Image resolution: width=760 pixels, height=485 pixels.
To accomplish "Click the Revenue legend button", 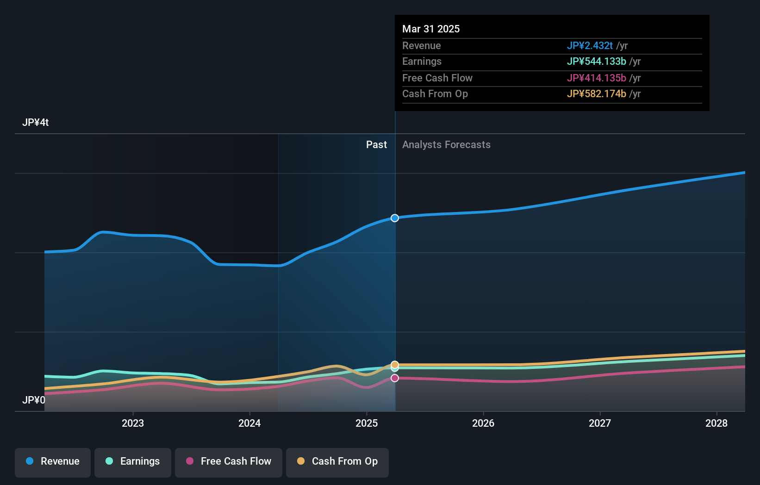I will pyautogui.click(x=53, y=462).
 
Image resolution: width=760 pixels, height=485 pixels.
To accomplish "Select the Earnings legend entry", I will pyautogui.click(x=133, y=462).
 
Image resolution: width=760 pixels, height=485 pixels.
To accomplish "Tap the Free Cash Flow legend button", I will pyautogui.click(x=229, y=462).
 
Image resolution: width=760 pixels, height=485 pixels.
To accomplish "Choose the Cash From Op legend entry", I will pyautogui.click(x=337, y=462).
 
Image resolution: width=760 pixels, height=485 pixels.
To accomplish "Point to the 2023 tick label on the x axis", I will pyautogui.click(x=133, y=423).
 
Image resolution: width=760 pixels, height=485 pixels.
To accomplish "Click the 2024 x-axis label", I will pyautogui.click(x=249, y=423).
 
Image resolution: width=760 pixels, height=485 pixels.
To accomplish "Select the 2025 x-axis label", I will pyautogui.click(x=367, y=423).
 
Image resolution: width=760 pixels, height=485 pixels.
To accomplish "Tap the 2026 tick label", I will pyautogui.click(x=483, y=423).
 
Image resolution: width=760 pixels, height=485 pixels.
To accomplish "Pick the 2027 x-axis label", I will pyautogui.click(x=600, y=423).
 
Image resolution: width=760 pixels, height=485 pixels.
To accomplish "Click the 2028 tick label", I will pyautogui.click(x=716, y=423).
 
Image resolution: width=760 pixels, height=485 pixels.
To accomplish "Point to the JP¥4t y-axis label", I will pyautogui.click(x=36, y=123).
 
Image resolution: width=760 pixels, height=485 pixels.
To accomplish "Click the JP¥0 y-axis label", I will pyautogui.click(x=34, y=400).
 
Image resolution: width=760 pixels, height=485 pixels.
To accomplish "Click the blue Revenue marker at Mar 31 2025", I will pyautogui.click(x=395, y=218).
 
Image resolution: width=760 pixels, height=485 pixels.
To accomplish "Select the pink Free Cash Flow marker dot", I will pyautogui.click(x=395, y=378).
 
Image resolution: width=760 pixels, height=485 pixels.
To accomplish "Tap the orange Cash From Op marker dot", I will pyautogui.click(x=395, y=364).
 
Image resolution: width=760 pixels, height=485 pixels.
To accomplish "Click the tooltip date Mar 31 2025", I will pyautogui.click(x=431, y=29).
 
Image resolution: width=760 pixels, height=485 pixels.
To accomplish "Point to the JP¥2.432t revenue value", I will pyautogui.click(x=590, y=46).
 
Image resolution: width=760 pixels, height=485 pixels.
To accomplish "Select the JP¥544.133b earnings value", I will pyautogui.click(x=596, y=62).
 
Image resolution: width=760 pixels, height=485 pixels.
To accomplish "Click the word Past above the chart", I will pyautogui.click(x=376, y=145).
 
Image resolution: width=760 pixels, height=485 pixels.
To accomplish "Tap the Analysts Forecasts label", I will pyautogui.click(x=446, y=145).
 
